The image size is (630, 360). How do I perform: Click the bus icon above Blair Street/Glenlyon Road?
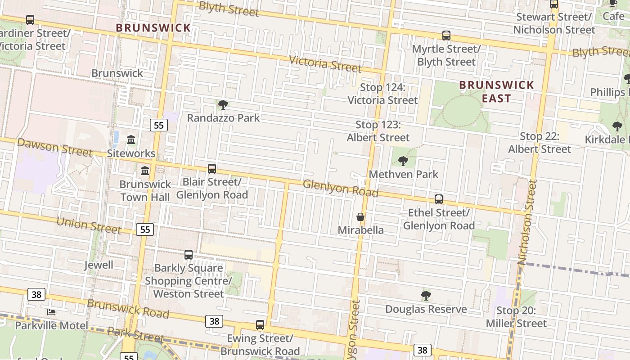tap(212, 169)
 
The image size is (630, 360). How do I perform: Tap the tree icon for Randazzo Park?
tap(223, 105)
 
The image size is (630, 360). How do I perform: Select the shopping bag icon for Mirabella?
tap(360, 217)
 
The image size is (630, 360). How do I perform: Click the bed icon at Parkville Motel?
tap(51, 312)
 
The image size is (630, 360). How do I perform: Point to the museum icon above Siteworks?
tap(131, 140)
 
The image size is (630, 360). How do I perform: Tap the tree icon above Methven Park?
tap(403, 161)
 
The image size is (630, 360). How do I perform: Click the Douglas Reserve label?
tap(426, 309)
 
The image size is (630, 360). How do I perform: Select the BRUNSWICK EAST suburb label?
tap(496, 91)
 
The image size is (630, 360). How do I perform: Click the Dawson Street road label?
tap(54, 148)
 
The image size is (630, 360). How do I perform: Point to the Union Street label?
tap(89, 225)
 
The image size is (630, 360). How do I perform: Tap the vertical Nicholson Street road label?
tap(527, 222)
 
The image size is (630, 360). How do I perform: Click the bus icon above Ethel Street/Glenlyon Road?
tap(439, 199)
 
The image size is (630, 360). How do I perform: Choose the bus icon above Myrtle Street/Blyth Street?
tap(446, 35)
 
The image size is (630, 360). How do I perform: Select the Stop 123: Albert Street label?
tap(378, 131)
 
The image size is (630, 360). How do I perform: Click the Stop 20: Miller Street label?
tap(516, 317)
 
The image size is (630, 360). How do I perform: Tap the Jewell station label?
tap(99, 265)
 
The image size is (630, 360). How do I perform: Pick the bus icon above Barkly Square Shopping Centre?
tap(189, 255)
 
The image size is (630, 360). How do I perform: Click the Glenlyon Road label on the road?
tap(340, 188)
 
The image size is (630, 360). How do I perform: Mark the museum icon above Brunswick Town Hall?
tap(145, 171)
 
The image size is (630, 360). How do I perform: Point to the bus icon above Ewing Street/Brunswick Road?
tap(260, 325)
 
